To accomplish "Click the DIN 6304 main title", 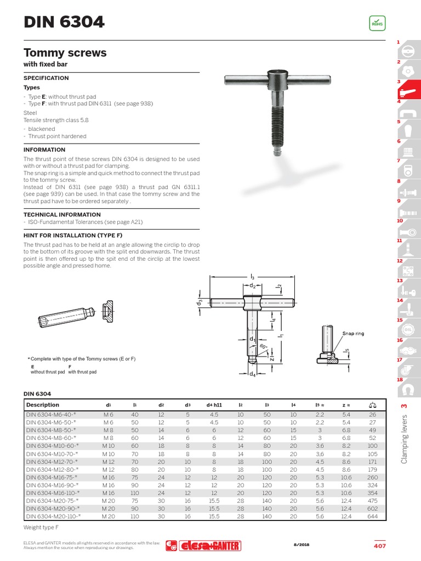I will click(64, 22).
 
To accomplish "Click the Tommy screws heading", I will click(65, 53).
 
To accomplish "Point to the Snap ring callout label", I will click(352, 333).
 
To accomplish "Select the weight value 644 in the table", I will click(373, 516).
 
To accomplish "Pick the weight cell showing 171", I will click(373, 461).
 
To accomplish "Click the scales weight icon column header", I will click(373, 405).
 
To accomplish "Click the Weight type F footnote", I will click(41, 527).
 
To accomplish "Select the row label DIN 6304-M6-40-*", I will click(51, 415).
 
